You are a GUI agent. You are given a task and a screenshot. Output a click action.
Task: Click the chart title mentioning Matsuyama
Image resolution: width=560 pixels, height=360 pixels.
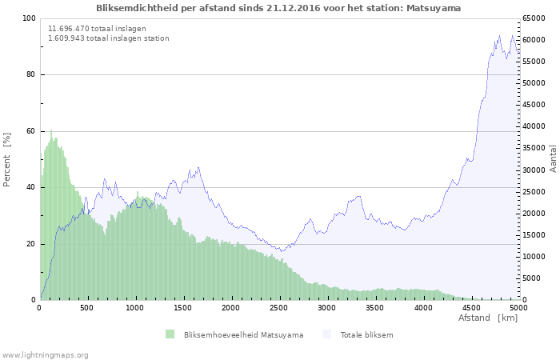(x=278, y=8)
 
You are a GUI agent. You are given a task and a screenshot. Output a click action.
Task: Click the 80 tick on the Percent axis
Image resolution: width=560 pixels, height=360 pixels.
(x=30, y=75)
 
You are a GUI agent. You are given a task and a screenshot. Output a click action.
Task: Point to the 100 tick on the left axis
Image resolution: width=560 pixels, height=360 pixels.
(x=29, y=18)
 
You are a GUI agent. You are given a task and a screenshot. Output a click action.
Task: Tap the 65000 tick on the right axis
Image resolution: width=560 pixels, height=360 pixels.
(x=534, y=18)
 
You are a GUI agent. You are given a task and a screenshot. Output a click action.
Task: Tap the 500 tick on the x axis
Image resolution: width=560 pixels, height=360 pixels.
(x=87, y=307)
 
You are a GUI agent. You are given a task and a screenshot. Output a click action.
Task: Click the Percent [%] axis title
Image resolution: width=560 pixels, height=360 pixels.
(x=7, y=159)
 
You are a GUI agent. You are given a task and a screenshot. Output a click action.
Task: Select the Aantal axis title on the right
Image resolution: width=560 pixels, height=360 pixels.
(x=553, y=159)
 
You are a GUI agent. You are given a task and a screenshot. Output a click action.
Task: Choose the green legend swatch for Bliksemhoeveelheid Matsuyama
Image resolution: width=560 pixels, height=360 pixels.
(x=170, y=334)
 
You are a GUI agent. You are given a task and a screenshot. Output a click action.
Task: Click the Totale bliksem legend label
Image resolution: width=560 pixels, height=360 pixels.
(x=366, y=334)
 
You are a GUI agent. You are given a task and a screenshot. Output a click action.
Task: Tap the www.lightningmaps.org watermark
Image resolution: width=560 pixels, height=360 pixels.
(x=45, y=354)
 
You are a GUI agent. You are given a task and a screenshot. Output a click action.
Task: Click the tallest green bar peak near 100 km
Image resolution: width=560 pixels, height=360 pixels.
(x=51, y=131)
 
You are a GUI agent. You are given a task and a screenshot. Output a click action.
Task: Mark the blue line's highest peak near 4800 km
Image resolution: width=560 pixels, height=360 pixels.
(x=500, y=36)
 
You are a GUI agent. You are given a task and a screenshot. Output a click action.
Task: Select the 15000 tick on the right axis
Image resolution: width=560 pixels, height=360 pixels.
(x=534, y=235)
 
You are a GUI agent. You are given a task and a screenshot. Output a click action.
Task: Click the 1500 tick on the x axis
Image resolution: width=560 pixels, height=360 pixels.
(x=183, y=307)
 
